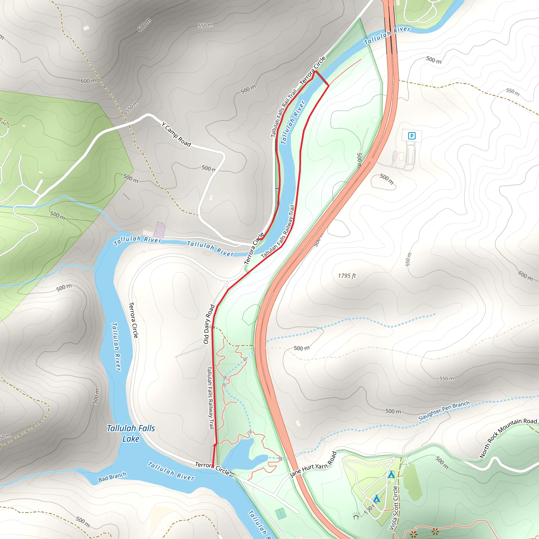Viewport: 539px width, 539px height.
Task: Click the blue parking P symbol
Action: pos(412,136)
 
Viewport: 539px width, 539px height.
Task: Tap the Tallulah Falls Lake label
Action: pos(131,433)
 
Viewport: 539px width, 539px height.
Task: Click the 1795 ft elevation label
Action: pos(347,276)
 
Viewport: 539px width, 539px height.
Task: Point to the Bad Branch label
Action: pos(112,477)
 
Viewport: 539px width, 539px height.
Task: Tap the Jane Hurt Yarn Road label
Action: pos(313,465)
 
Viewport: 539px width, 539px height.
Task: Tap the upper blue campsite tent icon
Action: pos(391,474)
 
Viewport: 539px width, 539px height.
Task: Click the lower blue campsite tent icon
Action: pos(376,498)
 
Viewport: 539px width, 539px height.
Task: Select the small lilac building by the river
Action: pos(160,230)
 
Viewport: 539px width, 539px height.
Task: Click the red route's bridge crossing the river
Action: pos(322,78)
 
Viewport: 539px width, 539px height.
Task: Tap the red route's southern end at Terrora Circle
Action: pos(213,466)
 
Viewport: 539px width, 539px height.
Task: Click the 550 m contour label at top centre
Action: pos(205,25)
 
